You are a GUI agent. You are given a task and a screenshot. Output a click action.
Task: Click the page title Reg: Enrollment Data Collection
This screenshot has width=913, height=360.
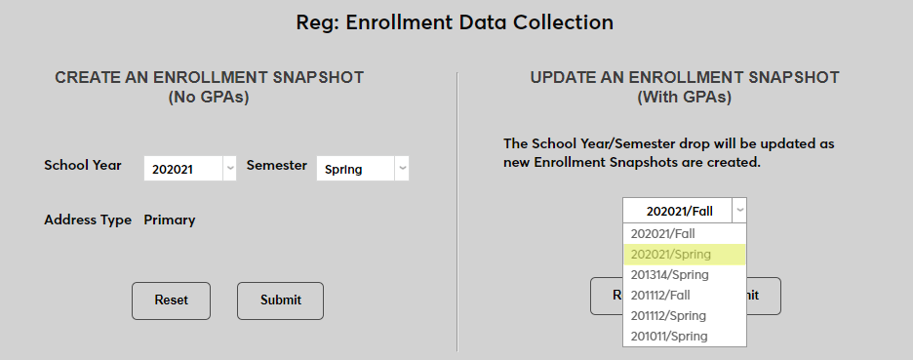[x=456, y=21]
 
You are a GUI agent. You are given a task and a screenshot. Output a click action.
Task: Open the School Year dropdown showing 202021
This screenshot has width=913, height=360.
[x=190, y=169]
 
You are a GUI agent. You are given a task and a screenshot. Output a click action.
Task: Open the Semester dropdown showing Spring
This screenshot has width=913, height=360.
[x=362, y=169]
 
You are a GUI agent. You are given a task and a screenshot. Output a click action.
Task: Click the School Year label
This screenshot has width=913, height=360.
[x=83, y=165]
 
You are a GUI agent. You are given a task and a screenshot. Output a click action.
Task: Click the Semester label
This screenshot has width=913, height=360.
[x=277, y=165]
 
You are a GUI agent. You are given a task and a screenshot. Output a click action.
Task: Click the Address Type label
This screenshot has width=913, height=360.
[x=88, y=220]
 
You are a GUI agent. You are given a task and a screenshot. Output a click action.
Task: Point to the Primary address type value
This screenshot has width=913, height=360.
[x=170, y=220]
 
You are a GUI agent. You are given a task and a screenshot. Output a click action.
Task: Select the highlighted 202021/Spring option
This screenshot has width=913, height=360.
[x=671, y=255]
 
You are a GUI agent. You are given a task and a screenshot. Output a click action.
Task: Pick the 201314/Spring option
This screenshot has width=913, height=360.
[x=670, y=275]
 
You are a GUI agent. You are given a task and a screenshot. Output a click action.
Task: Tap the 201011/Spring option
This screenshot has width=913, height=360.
[x=670, y=337]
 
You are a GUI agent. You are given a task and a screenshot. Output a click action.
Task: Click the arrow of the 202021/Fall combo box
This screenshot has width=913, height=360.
[x=739, y=210]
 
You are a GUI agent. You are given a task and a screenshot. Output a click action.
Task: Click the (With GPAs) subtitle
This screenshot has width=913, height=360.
[x=684, y=98]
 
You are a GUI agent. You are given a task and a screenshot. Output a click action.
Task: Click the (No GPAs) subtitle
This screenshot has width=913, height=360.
[x=209, y=98]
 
